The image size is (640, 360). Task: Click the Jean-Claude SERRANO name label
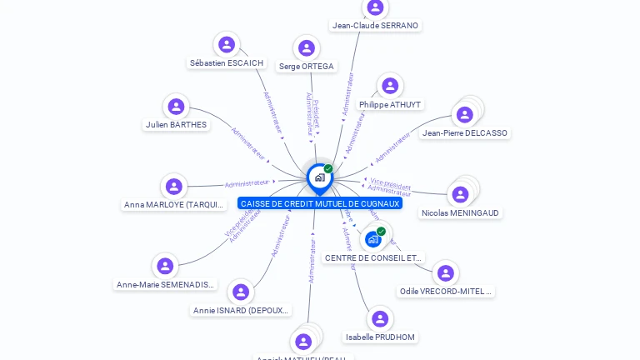(375, 25)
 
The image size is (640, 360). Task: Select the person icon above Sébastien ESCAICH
(227, 44)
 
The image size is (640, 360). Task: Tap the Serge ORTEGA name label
(306, 66)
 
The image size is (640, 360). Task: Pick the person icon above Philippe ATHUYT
(389, 86)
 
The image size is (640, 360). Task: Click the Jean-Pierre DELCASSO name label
(465, 132)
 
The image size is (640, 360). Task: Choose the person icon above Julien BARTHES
(176, 107)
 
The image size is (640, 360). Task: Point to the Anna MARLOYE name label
(174, 204)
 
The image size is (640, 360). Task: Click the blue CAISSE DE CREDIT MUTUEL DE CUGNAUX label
(320, 203)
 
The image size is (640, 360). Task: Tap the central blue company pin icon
(319, 177)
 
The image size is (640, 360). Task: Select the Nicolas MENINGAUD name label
(460, 212)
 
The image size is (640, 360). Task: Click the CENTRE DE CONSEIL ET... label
(374, 257)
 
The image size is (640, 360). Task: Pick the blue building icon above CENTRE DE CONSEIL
(372, 239)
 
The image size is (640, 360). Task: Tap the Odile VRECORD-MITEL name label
(446, 292)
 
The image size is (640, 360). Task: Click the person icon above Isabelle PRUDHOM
(380, 319)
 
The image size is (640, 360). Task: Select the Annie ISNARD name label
(240, 310)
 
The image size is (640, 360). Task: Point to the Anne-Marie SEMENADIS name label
(165, 284)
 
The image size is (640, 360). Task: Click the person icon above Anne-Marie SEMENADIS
(165, 266)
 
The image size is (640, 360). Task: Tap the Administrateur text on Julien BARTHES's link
(247, 144)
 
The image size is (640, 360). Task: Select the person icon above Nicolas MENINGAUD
(459, 194)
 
